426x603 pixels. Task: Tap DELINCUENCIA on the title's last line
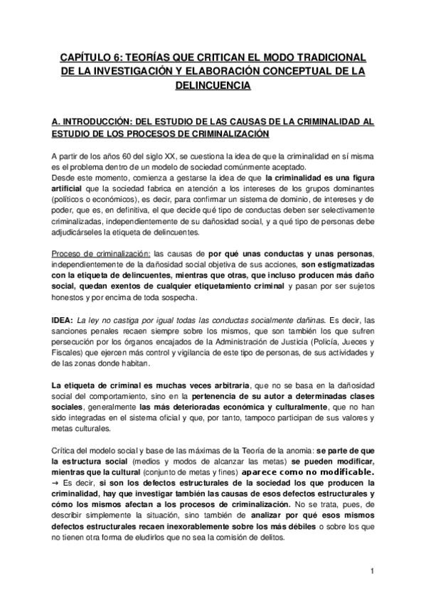click(213, 85)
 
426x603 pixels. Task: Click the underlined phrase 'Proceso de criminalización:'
click(100, 254)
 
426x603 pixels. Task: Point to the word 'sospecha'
click(181, 299)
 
